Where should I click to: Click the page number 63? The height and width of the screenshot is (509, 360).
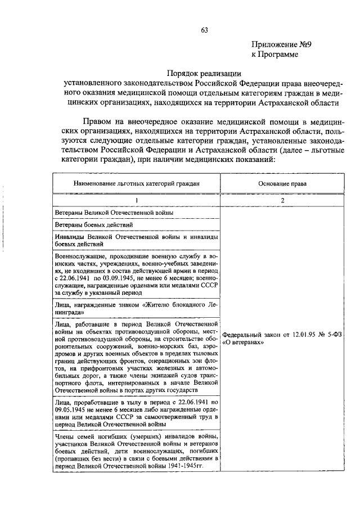click(x=205, y=30)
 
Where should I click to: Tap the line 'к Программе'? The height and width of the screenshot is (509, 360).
click(x=274, y=55)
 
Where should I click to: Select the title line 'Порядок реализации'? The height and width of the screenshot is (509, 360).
click(x=204, y=73)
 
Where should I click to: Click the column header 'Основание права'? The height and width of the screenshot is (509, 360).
click(x=282, y=184)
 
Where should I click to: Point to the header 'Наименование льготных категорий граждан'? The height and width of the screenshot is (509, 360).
click(x=136, y=184)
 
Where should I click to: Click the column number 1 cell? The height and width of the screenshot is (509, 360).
click(x=136, y=200)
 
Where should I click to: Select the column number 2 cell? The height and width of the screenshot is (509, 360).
click(x=282, y=200)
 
